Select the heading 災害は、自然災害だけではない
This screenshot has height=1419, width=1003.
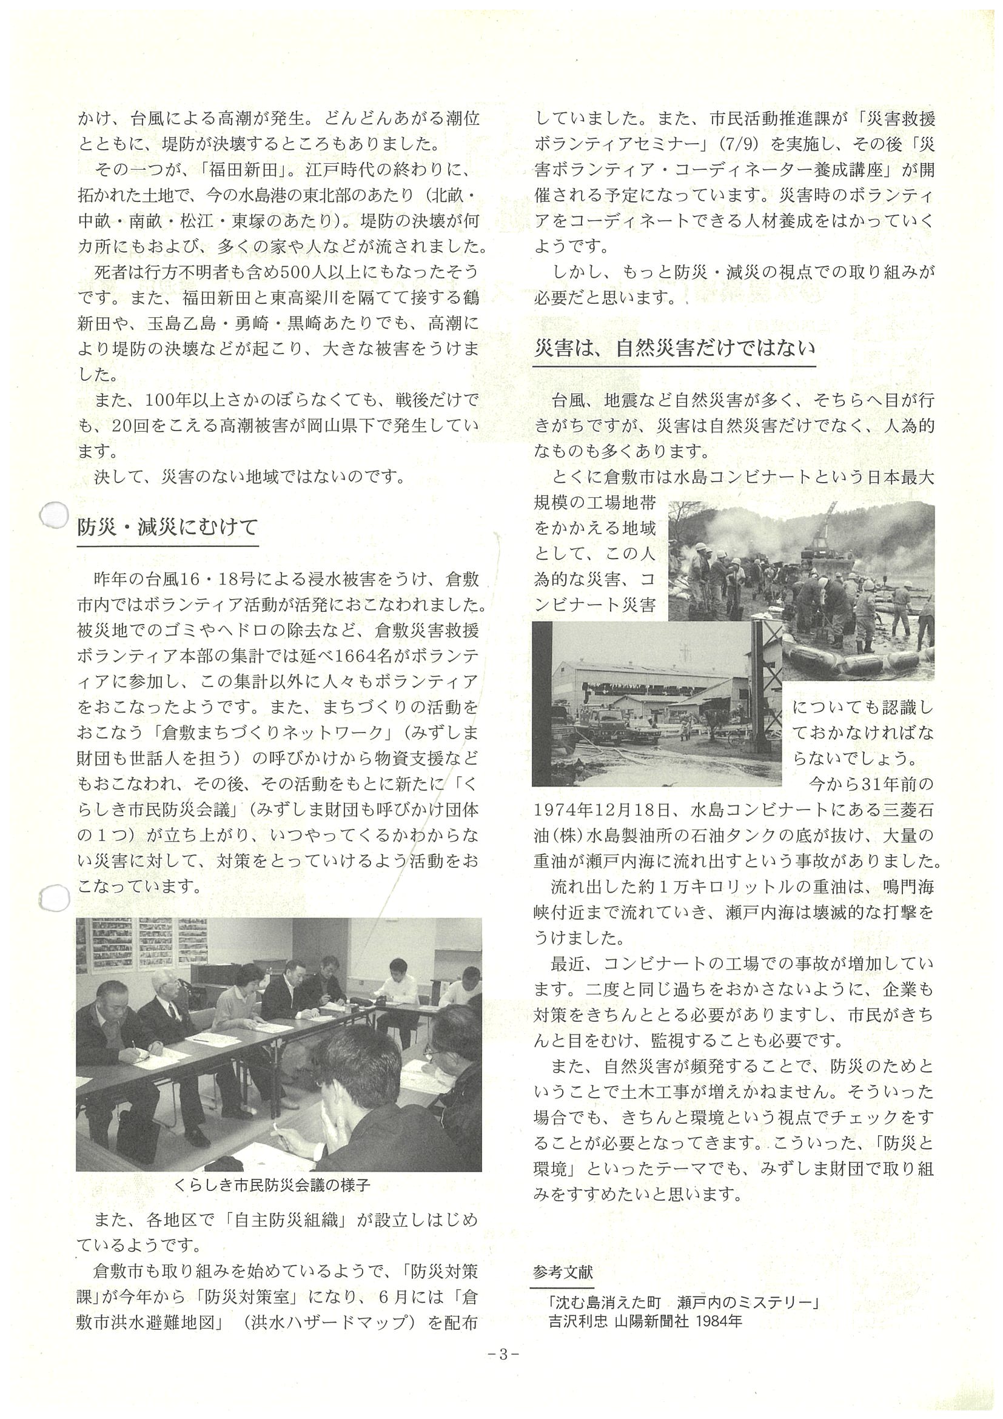tap(674, 349)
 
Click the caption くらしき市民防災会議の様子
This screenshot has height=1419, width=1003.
tap(272, 1184)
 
